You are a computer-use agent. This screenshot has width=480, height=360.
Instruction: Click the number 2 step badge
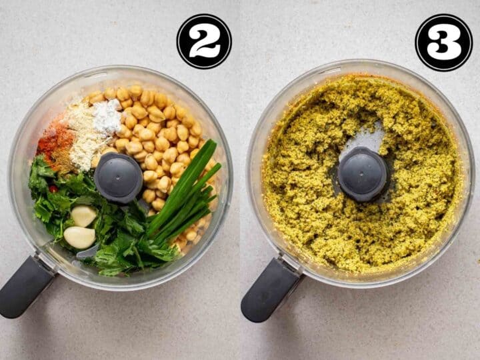coord(204,41)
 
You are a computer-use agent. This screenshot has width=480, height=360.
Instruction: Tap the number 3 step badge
coord(443,42)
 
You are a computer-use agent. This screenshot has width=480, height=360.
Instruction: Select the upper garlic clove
coord(84,215)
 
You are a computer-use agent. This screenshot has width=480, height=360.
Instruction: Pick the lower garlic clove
coord(79,237)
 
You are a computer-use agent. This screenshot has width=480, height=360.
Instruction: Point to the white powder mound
coord(107,117)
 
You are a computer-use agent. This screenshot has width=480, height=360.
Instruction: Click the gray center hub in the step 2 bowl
coord(118,177)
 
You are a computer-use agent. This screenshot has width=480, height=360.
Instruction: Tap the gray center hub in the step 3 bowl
coord(363,173)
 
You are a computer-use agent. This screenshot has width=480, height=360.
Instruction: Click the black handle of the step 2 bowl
coord(25,287)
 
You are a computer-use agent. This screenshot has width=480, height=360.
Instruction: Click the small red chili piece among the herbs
coord(53,189)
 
